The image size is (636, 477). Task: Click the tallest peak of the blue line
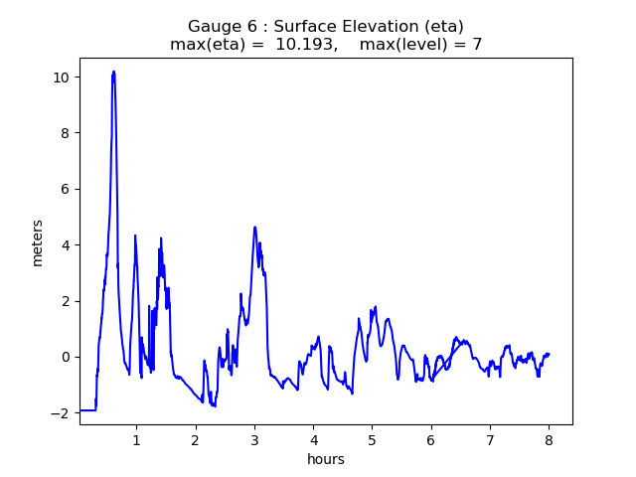pyautogui.click(x=114, y=72)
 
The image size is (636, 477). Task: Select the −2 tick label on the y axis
pyautogui.click(x=60, y=412)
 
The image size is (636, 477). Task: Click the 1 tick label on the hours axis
pyautogui.click(x=136, y=439)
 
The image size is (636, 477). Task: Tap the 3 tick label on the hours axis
pyautogui.click(x=254, y=439)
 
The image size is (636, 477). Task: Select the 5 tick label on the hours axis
pyautogui.click(x=372, y=439)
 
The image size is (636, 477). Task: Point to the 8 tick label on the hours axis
pyautogui.click(x=549, y=439)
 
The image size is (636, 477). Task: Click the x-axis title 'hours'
pyautogui.click(x=326, y=459)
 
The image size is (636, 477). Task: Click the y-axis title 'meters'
pyautogui.click(x=38, y=242)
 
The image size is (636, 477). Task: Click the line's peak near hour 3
pyautogui.click(x=255, y=228)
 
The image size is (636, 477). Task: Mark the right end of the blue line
pyautogui.click(x=549, y=354)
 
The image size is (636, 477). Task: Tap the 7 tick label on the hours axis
pyautogui.click(x=490, y=439)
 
